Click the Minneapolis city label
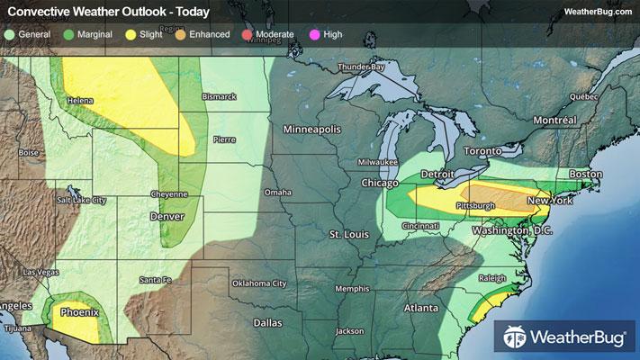(312, 130)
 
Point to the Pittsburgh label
(476, 205)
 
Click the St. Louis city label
(349, 234)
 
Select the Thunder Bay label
(361, 67)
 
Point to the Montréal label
(554, 120)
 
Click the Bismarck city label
(219, 96)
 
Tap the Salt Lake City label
(81, 200)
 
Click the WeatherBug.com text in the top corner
(597, 12)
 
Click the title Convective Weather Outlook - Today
(108, 12)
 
